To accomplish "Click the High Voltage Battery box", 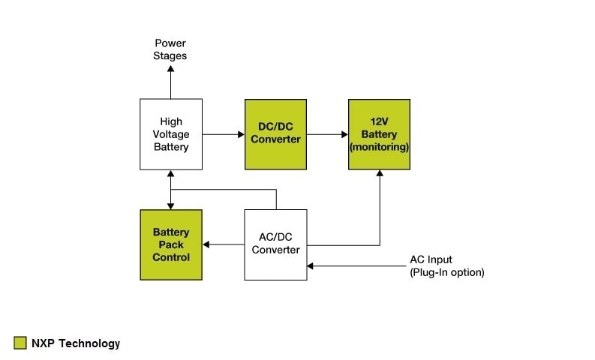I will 171,133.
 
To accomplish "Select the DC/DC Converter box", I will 275,133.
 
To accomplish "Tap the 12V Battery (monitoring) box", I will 379,133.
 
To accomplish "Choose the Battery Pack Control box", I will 171,244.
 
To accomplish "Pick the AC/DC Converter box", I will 275,244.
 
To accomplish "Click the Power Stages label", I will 170,49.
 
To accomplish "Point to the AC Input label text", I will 431,259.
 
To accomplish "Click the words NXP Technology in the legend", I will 75,343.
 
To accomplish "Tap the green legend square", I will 20,343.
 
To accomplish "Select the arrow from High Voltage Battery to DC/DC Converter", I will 223,134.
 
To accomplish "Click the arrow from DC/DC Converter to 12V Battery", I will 327,134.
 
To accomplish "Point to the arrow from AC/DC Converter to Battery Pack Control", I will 223,244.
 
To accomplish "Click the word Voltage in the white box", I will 171,133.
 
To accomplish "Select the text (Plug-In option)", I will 446,272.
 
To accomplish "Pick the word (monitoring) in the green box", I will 379,147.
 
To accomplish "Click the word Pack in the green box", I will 171,244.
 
